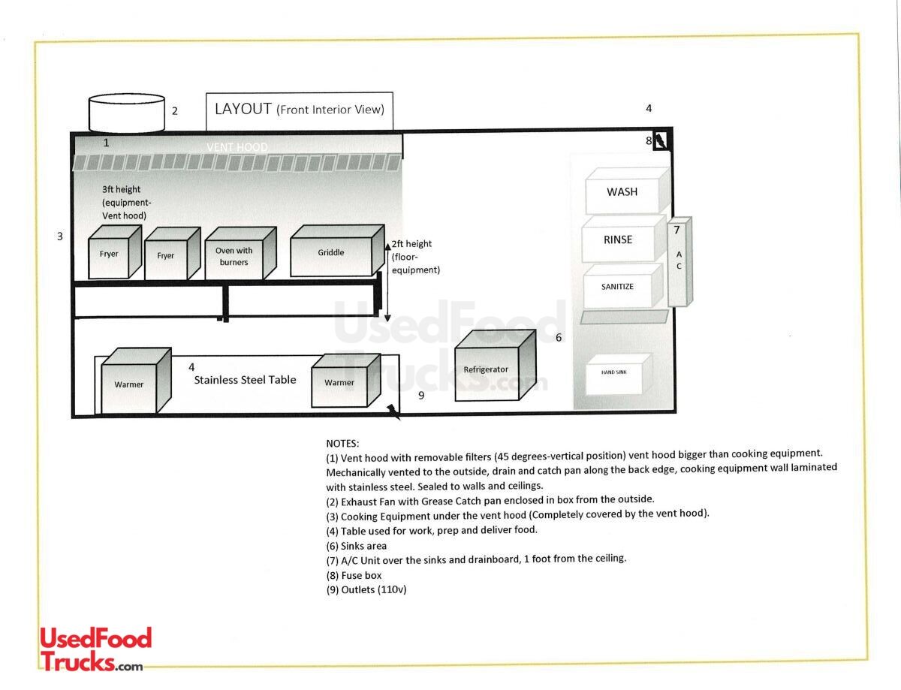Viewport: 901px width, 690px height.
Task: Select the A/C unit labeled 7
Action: pos(679,261)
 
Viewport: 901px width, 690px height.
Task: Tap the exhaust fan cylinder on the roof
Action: pos(127,113)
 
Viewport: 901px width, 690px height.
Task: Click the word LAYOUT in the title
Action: pos(243,109)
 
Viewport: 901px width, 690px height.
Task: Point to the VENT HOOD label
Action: pos(237,147)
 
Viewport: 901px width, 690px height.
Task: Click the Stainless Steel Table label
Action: pos(245,380)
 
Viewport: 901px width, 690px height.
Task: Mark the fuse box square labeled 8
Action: pos(660,140)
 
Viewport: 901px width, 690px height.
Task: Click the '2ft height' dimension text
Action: pos(411,244)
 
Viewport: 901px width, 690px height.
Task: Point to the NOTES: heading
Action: pos(342,444)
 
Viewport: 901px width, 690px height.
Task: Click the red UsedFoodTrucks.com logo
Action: pos(95,649)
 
